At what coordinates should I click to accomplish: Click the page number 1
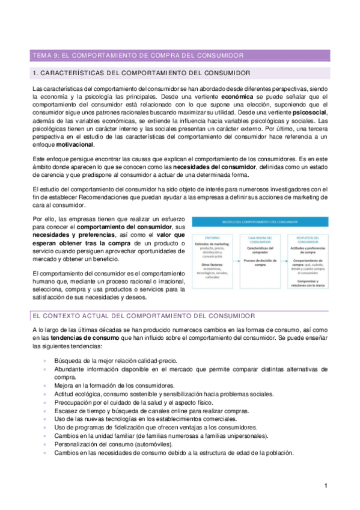(x=325, y=485)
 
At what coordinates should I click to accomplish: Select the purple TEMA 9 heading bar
(x=180, y=55)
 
